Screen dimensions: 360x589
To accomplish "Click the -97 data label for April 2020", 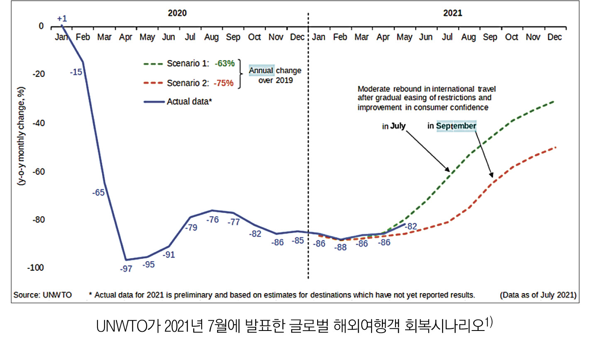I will point(126,269).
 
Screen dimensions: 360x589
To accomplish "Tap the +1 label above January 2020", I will point(62,19).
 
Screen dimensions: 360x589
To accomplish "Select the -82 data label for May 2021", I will point(411,227).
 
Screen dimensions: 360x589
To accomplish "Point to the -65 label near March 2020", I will point(98,193).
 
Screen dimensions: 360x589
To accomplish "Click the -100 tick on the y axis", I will point(36,268).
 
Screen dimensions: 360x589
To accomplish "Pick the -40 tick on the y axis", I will point(39,123).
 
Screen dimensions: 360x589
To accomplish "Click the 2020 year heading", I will point(177,13).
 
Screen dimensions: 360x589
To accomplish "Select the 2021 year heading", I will point(452,13).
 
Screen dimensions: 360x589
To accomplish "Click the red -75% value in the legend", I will point(224,83).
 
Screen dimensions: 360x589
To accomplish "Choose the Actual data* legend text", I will point(189,102).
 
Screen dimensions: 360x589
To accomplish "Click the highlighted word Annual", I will point(261,71).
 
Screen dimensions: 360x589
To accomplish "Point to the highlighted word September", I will point(456,126).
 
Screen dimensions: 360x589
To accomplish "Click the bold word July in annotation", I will point(398,126).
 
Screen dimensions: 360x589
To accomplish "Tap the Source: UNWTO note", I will point(42,295).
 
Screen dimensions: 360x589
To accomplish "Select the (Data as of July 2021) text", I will point(538,295).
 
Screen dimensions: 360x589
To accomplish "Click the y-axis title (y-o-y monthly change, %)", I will point(21,136).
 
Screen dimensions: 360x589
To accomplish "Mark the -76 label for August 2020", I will point(213,220).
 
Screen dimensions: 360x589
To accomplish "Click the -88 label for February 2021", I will point(340,247).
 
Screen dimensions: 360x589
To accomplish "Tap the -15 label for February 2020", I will point(76,72).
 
